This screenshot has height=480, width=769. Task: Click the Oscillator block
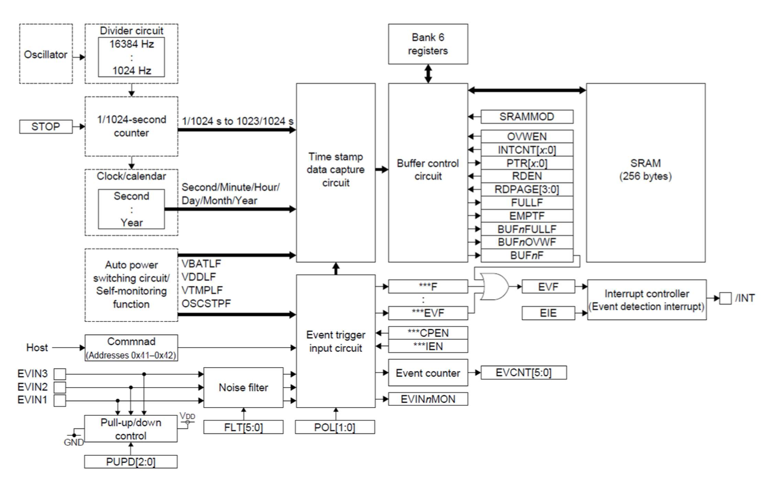pos(46,54)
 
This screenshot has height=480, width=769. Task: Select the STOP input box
pos(46,127)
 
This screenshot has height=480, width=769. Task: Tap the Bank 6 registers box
pos(428,44)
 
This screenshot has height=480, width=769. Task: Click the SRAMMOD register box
pos(527,117)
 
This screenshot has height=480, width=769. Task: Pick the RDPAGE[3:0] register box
pos(527,190)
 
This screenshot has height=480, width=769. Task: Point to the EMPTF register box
pos(527,216)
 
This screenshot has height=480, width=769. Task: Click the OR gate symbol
pos(494,287)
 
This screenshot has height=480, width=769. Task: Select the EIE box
pos(548,313)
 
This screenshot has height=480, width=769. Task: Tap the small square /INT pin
pos(725,299)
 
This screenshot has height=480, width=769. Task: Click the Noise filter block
pos(243,387)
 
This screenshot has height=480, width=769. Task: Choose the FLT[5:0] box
pos(243,427)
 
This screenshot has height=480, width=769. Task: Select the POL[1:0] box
pos(335,427)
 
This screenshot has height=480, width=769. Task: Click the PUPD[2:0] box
pos(131,461)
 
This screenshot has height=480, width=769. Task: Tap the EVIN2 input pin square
pos(60,387)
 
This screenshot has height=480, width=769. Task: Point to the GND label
pos(74,442)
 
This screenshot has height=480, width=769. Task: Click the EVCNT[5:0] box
pos(523,372)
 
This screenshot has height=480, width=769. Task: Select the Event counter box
pos(428,373)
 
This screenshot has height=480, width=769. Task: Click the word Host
pos(37,348)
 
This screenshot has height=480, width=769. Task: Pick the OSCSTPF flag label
pos(206,303)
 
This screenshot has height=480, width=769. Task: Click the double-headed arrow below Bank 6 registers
pos(428,74)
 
